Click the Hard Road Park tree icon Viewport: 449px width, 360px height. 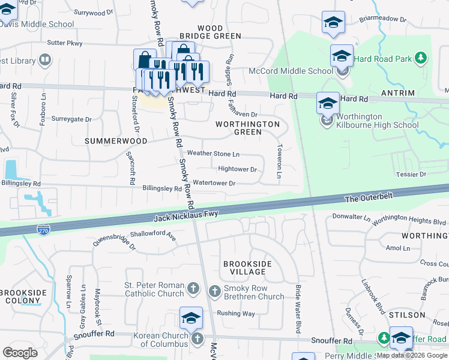pos(422,58)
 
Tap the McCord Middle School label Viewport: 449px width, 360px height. pos(298,71)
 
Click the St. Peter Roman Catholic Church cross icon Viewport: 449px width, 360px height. pos(193,289)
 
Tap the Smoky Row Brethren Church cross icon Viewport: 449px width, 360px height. pos(215,292)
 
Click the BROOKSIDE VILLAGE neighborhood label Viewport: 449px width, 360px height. pos(247,268)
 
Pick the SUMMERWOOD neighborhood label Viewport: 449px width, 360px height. pos(116,141)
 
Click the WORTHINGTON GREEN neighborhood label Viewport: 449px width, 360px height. pos(248,128)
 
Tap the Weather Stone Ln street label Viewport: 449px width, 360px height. pos(213,154)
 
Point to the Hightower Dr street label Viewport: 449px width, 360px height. pos(237,169)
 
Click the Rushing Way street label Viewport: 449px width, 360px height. pos(236,313)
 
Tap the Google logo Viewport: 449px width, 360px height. pos(20,353)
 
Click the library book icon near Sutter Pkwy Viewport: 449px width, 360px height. pos(45,60)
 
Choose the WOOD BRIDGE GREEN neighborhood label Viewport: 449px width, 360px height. pos(210,32)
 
